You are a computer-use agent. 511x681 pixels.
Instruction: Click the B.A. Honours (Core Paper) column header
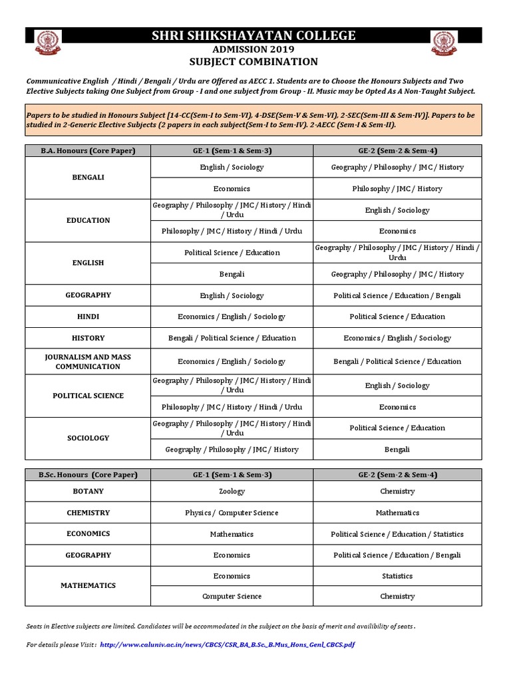(88, 151)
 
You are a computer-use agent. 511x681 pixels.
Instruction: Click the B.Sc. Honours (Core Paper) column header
(88, 475)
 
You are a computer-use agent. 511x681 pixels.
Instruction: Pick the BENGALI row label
(88, 178)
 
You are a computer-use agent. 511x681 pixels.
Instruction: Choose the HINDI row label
(88, 317)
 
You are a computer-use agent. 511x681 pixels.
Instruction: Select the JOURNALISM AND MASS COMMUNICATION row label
(88, 362)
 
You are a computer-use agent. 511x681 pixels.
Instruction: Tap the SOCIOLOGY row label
(88, 438)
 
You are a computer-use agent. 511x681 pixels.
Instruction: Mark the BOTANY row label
(88, 491)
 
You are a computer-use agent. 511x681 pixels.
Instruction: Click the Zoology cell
(232, 491)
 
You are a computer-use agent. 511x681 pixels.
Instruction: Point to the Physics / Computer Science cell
(232, 513)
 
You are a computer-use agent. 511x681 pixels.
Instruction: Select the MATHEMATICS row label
(88, 586)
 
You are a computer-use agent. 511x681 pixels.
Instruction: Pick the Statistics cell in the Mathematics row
(397, 576)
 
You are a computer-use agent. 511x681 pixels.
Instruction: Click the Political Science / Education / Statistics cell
(397, 534)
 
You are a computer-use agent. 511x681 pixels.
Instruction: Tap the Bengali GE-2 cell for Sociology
(397, 450)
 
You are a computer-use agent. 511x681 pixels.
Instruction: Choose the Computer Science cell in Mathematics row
(232, 597)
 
